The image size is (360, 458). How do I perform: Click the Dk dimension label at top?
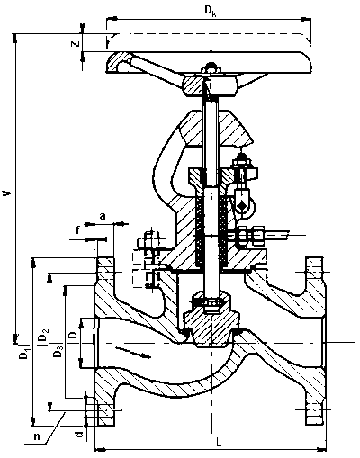coord(211,11)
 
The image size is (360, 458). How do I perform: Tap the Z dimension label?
coord(75,43)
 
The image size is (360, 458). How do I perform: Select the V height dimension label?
coord(7,193)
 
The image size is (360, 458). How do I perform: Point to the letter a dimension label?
coord(103,216)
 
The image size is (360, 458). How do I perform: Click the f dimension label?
coord(77,230)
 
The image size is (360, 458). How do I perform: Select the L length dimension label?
coord(219,442)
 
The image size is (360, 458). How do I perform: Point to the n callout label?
coord(37,436)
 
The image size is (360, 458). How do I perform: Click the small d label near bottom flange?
coord(79,435)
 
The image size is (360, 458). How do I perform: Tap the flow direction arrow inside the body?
coord(132,352)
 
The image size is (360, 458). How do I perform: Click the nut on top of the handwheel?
coord(211,67)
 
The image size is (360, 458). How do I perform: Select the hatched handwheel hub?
coord(210,86)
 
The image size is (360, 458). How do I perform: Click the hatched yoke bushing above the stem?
coord(215,129)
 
